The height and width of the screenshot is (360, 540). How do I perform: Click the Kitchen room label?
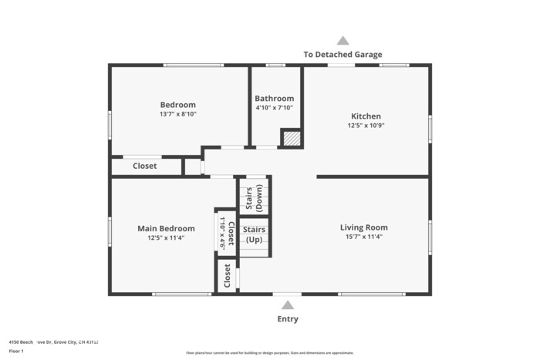pyautogui.click(x=366, y=116)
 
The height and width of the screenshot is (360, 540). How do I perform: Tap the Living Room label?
pyautogui.click(x=364, y=227)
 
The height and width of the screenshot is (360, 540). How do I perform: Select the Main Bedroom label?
pyautogui.click(x=166, y=228)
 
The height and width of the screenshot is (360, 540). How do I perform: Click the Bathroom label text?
pyautogui.click(x=275, y=99)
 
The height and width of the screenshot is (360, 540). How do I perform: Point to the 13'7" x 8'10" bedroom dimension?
pyautogui.click(x=177, y=114)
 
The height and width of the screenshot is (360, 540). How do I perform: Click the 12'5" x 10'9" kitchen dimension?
pyautogui.click(x=366, y=126)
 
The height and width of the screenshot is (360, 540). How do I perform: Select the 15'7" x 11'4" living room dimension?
pyautogui.click(x=364, y=237)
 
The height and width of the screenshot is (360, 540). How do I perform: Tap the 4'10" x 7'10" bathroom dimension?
pyautogui.click(x=275, y=108)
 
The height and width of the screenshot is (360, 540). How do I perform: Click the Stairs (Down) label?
pyautogui.click(x=254, y=197)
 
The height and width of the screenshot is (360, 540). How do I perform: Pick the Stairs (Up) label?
pyautogui.click(x=254, y=234)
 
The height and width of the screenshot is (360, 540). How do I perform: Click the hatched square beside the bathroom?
pyautogui.click(x=291, y=138)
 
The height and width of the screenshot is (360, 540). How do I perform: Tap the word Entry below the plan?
pyautogui.click(x=288, y=319)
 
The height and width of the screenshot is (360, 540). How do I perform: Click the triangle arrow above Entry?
pyautogui.click(x=288, y=303)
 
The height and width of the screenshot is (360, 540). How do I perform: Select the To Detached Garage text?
pyautogui.click(x=343, y=55)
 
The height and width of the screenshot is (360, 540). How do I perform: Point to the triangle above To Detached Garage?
pyautogui.click(x=343, y=41)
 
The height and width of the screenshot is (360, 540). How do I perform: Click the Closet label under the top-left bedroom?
pyautogui.click(x=145, y=166)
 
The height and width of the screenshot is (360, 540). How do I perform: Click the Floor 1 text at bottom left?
pyautogui.click(x=17, y=352)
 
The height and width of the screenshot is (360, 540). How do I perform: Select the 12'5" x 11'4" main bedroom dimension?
pyautogui.click(x=166, y=237)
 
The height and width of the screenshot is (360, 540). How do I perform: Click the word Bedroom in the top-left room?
pyautogui.click(x=177, y=105)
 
